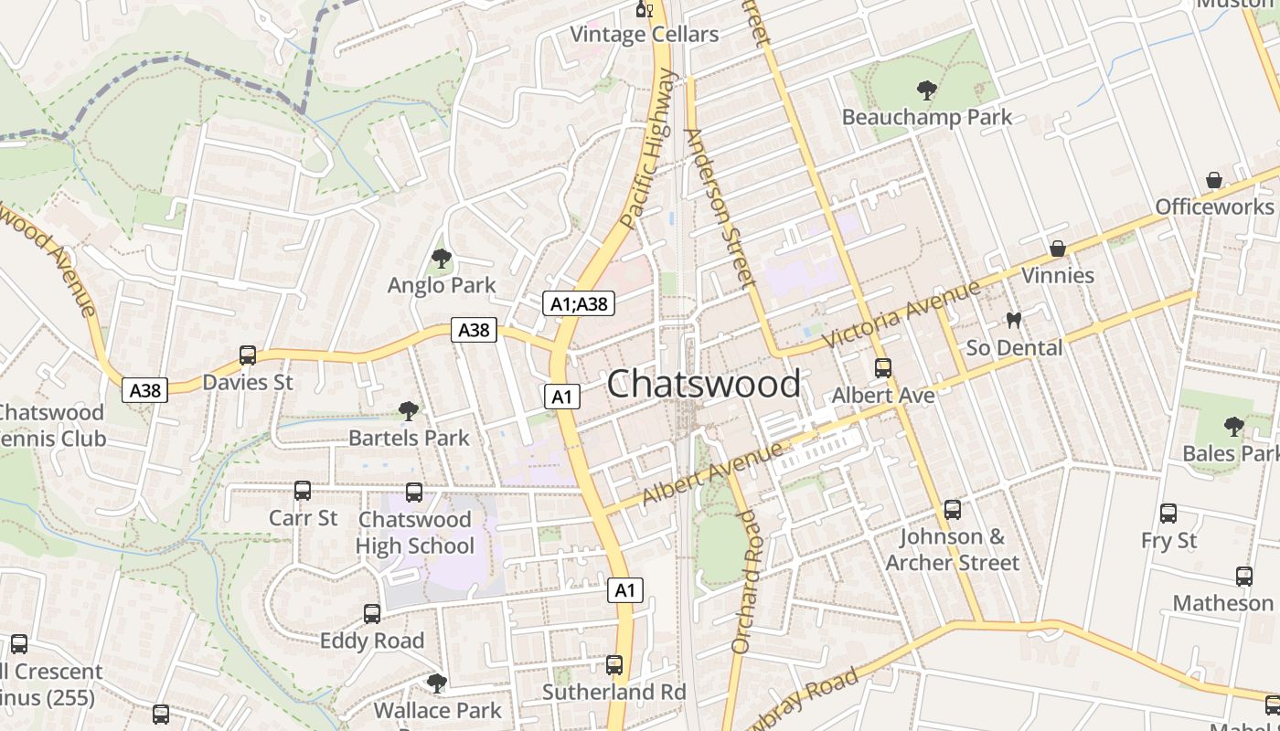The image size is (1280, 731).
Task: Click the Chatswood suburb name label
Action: (x=703, y=384)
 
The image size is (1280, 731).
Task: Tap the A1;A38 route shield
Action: (x=579, y=303)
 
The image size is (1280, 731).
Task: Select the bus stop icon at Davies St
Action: (x=248, y=355)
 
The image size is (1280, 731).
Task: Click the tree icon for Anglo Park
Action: (x=442, y=259)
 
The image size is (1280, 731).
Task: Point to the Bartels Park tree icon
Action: (x=409, y=411)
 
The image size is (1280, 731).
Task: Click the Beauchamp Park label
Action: (x=927, y=117)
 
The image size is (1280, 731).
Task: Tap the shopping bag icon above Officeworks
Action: (x=1214, y=180)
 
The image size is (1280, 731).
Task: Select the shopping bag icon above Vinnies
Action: (x=1058, y=249)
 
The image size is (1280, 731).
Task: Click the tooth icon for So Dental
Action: (x=1013, y=321)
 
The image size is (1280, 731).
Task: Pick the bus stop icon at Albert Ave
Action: (x=883, y=368)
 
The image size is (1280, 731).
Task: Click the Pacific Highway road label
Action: (x=651, y=148)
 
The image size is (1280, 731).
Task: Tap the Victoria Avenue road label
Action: (x=901, y=315)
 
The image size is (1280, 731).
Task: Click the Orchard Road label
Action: (x=745, y=581)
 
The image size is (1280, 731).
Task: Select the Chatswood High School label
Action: (x=415, y=533)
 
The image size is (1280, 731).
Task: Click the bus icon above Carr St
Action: (x=303, y=491)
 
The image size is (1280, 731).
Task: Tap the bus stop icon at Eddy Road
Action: (x=372, y=614)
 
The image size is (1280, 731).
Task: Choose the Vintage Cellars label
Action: (x=645, y=35)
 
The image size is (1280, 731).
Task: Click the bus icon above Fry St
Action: (x=1168, y=514)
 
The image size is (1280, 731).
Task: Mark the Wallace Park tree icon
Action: (x=437, y=683)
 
